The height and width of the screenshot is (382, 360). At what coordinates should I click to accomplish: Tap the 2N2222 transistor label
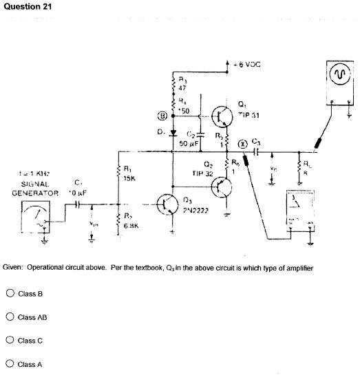click(198, 211)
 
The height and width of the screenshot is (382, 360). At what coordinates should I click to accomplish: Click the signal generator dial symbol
click(34, 220)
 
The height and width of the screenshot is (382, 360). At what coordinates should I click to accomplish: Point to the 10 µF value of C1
click(75, 193)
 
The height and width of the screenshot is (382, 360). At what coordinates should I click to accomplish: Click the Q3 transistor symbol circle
click(168, 203)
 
